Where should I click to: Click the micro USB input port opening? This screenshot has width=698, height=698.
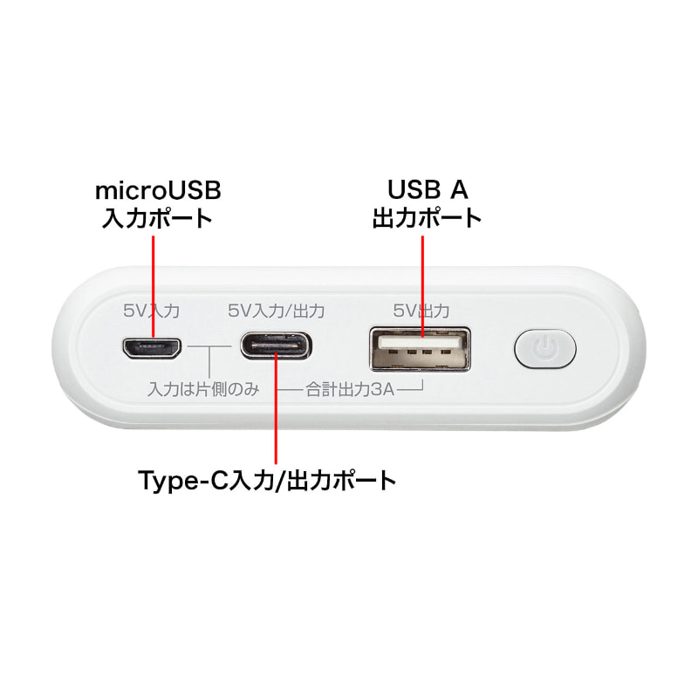[x=152, y=348]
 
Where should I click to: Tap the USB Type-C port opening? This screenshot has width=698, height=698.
[x=276, y=346]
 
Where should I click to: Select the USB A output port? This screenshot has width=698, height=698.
[x=421, y=350]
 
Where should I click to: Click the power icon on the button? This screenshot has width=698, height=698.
[x=544, y=347]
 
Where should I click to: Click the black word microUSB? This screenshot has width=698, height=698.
[x=158, y=190]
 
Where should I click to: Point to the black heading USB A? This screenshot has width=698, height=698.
[x=428, y=189]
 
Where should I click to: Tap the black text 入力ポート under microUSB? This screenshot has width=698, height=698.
[x=157, y=218]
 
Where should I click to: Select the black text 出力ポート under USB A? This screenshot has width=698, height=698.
[x=428, y=218]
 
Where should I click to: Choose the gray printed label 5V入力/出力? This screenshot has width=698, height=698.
[x=276, y=311]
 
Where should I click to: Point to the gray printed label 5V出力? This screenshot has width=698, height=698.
[x=421, y=311]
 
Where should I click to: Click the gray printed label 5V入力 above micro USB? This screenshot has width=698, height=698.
[x=151, y=311]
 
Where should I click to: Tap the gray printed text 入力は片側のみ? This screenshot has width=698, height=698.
[x=203, y=389]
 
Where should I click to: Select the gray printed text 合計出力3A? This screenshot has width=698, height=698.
[x=351, y=389]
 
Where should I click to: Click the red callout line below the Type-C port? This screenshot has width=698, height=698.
[x=276, y=408]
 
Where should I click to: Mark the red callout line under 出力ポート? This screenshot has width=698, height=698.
[x=422, y=286]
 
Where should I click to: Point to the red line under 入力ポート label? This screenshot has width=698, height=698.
[x=154, y=286]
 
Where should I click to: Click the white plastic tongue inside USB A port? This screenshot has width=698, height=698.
[x=421, y=341]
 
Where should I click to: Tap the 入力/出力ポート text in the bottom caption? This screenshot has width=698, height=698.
[x=311, y=481]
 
